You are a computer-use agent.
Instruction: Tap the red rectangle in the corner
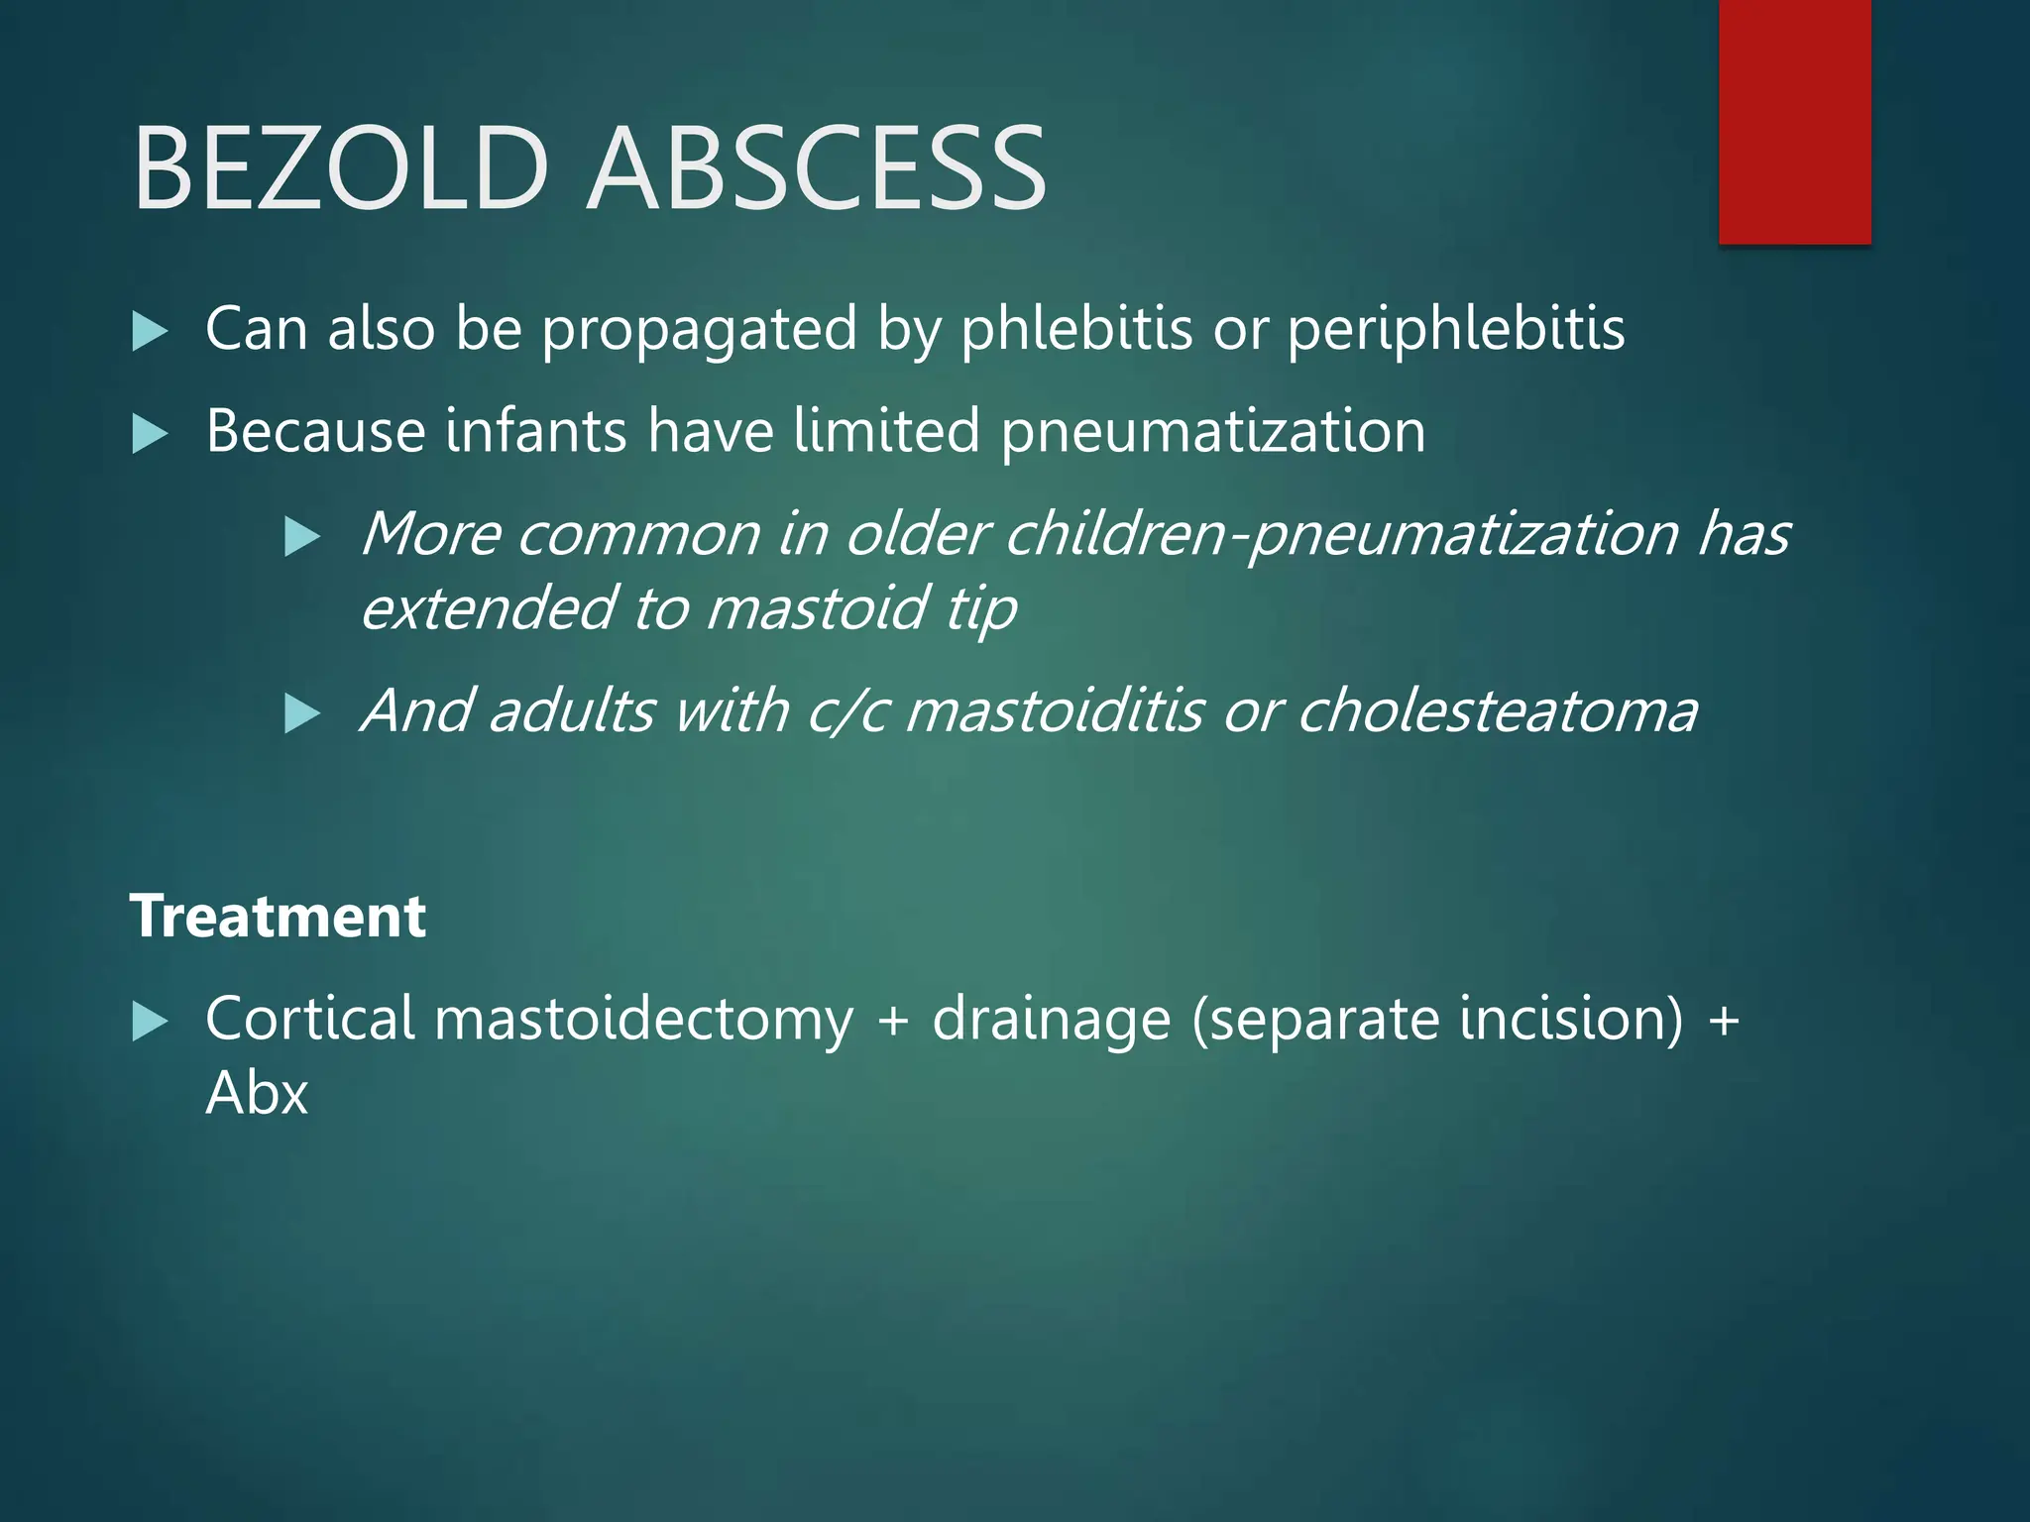click(1794, 121)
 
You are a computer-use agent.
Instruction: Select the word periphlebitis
click(1456, 329)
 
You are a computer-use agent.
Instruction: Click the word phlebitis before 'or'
click(1076, 329)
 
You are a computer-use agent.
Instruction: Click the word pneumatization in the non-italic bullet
click(1212, 433)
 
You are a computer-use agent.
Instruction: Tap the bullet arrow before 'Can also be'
click(150, 331)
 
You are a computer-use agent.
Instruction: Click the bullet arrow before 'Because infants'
click(150, 434)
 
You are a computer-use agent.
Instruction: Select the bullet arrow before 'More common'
click(302, 537)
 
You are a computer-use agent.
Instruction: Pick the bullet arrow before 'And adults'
click(302, 713)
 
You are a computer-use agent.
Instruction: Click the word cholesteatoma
click(1497, 711)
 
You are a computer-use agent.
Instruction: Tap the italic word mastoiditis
click(1054, 711)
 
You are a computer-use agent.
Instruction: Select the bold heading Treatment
click(278, 916)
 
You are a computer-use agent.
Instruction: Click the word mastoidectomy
click(643, 1021)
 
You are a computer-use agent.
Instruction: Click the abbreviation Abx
click(257, 1094)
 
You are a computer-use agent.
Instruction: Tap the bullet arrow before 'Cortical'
click(150, 1022)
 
